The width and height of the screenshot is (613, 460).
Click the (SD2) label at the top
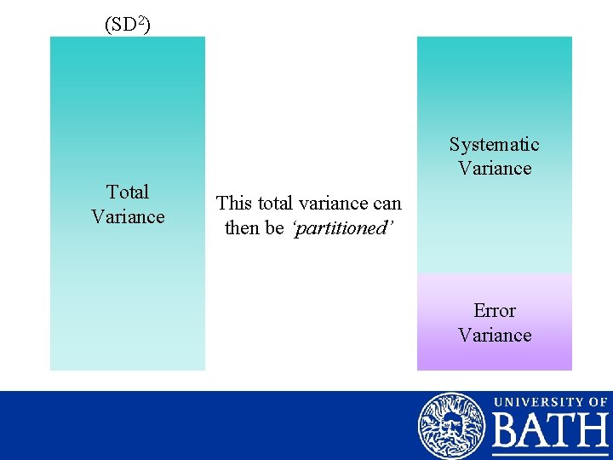[x=128, y=25]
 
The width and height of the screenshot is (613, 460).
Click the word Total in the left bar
[x=128, y=193]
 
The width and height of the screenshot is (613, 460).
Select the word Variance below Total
[x=128, y=216]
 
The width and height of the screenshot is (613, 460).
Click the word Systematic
[x=494, y=145]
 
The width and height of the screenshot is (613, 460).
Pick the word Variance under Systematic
[x=494, y=169]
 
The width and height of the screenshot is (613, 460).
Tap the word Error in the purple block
[x=494, y=311]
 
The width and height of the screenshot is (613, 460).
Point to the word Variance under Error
[x=494, y=335]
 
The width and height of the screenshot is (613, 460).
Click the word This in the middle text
[x=233, y=204]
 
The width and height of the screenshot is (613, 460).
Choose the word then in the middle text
[x=242, y=227]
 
